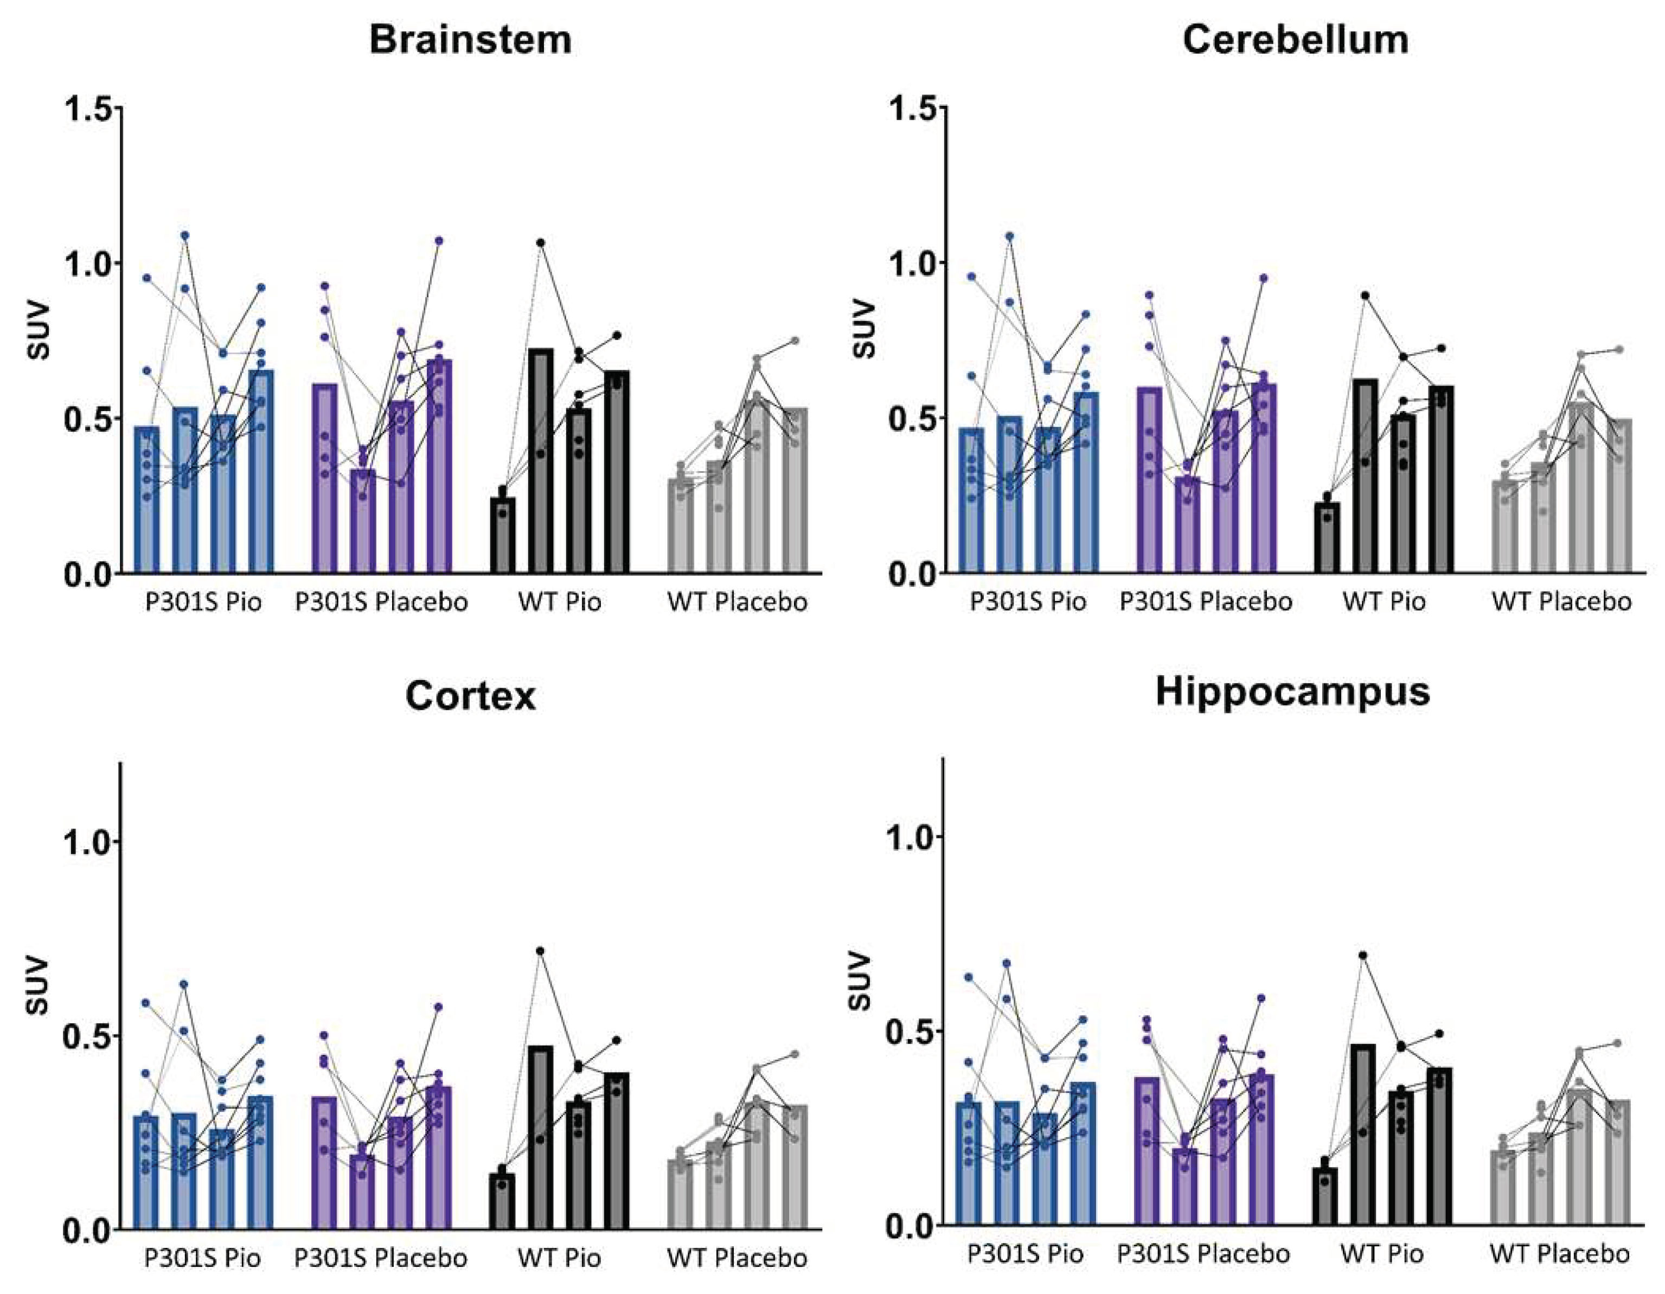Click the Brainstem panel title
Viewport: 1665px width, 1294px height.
(x=470, y=40)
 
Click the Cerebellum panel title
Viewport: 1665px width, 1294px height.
(x=1295, y=40)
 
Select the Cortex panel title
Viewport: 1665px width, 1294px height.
(x=470, y=695)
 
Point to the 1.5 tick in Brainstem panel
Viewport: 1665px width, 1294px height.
(x=88, y=109)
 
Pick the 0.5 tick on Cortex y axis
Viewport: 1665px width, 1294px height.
(x=88, y=1035)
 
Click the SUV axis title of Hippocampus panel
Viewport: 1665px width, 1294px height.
(x=860, y=982)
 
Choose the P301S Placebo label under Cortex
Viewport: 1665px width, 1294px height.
(x=381, y=1258)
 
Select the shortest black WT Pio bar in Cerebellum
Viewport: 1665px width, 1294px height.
(x=1327, y=537)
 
